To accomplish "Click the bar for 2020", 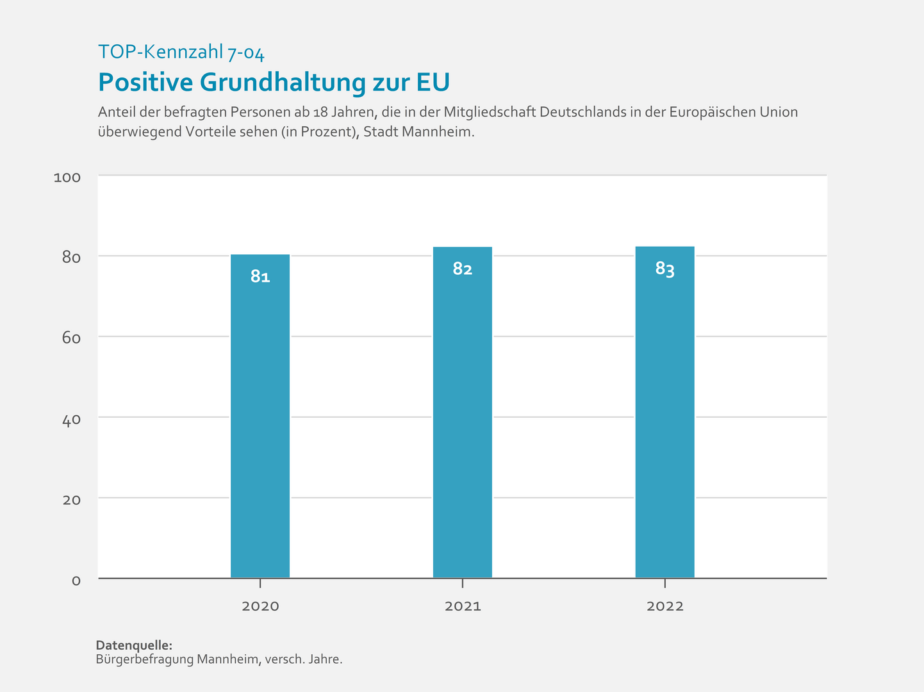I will click(x=260, y=416).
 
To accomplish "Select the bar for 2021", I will click(x=463, y=413).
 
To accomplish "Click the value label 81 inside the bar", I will click(x=260, y=277).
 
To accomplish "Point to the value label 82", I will click(x=463, y=269).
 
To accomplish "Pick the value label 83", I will click(x=664, y=269).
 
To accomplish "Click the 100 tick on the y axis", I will click(x=67, y=177).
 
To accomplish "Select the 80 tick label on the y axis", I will click(x=71, y=258).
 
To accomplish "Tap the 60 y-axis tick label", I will click(x=71, y=338).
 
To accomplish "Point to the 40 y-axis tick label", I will click(x=71, y=420).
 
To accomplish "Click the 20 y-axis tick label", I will click(x=71, y=500).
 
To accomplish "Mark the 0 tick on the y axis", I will click(x=76, y=581).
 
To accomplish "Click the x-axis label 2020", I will click(x=260, y=606).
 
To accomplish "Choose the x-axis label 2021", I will click(x=463, y=606).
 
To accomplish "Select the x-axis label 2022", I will click(x=664, y=606).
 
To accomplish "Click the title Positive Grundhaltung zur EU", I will click(x=274, y=83).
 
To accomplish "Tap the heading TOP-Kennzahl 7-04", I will click(x=181, y=53).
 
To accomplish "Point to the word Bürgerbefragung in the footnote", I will click(x=144, y=659).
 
